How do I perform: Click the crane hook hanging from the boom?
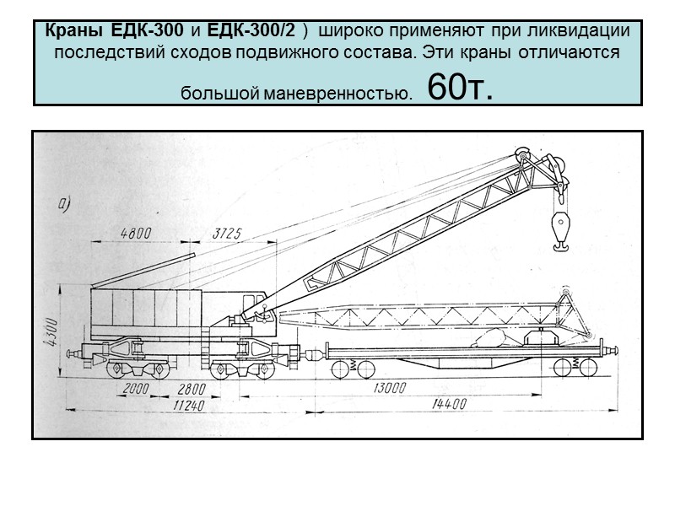pyautogui.click(x=558, y=228)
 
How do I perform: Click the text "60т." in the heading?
pyautogui.click(x=461, y=87)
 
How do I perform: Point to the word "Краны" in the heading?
pyautogui.click(x=73, y=30)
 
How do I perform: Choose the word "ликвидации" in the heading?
pyautogui.click(x=587, y=30)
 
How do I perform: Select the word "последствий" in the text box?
pyautogui.click(x=98, y=52)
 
